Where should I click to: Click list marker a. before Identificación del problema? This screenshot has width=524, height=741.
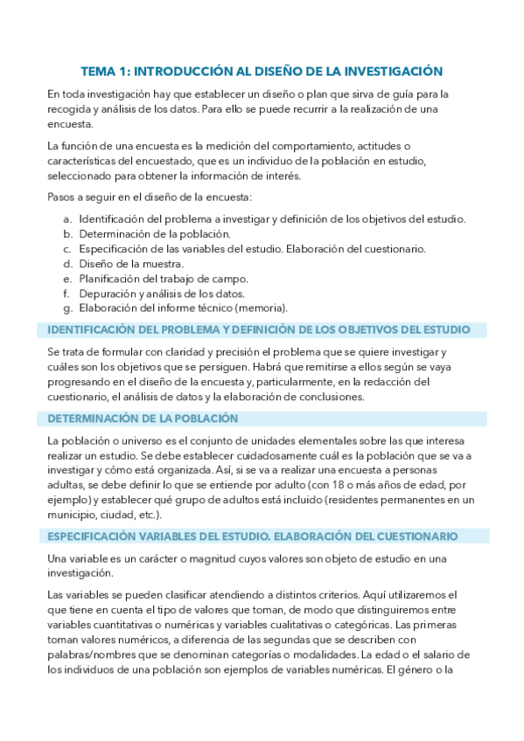pyautogui.click(x=68, y=218)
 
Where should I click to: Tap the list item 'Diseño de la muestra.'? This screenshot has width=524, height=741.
pyautogui.click(x=131, y=263)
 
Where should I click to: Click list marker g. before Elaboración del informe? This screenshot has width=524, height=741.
pyautogui.click(x=68, y=308)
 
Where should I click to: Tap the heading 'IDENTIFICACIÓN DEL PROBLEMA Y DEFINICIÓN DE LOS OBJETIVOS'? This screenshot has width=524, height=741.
pyautogui.click(x=259, y=329)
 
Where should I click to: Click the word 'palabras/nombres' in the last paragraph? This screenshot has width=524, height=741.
pyautogui.click(x=92, y=654)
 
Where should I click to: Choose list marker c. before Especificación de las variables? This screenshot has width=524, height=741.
pyautogui.click(x=68, y=248)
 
